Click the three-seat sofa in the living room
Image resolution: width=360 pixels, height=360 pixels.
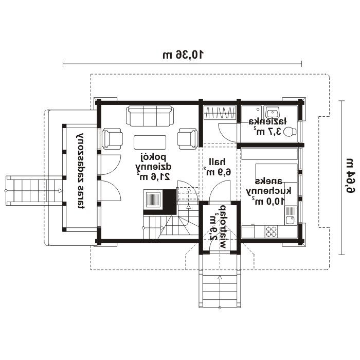pyautogui.click(x=150, y=116)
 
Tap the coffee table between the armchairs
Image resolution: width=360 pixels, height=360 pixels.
pyautogui.click(x=150, y=142)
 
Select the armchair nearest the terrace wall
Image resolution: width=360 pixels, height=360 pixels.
pyautogui.click(x=112, y=139)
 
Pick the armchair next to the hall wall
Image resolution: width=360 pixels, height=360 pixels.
pyautogui.click(x=188, y=139)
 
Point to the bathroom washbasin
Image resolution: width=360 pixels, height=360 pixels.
pyautogui.click(x=272, y=112)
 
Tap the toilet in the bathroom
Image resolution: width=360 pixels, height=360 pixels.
pyautogui.click(x=290, y=132)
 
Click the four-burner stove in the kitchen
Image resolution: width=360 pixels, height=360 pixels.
pyautogui.click(x=271, y=231)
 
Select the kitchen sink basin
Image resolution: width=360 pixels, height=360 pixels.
pyautogui.click(x=290, y=221)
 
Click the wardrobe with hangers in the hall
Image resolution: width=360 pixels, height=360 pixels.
pyautogui.click(x=220, y=113)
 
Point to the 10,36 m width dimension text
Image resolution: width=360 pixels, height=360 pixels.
pyautogui.click(x=183, y=55)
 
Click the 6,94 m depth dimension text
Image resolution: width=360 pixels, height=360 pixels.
pyautogui.click(x=350, y=176)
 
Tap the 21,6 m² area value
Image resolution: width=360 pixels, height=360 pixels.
pyautogui.click(x=153, y=176)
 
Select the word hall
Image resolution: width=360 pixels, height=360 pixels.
pyautogui.click(x=217, y=162)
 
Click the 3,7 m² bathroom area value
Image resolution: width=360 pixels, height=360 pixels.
pyautogui.click(x=267, y=131)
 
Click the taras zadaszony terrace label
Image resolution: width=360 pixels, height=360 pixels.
pyautogui.click(x=81, y=171)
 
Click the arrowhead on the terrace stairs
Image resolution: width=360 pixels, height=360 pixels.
pyautogui.click(x=60, y=191)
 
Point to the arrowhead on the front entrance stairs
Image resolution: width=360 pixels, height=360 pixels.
pyautogui.click(x=220, y=278)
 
